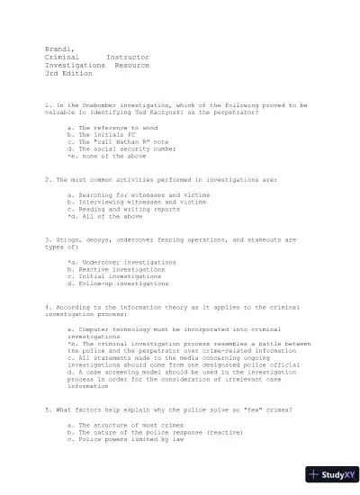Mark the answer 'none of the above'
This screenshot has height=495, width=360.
point(106,156)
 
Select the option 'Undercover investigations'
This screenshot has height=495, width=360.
point(121,262)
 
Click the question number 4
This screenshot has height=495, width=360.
point(47,308)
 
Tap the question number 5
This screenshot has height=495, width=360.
point(47,410)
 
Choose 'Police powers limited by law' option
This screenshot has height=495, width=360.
point(126,440)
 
